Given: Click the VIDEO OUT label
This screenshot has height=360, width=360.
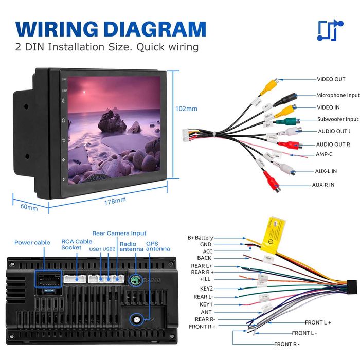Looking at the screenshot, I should pos(331,79).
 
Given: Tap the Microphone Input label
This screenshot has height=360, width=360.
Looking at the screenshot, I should pos(337,95).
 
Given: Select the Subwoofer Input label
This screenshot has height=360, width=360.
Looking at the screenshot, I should pos(337,119).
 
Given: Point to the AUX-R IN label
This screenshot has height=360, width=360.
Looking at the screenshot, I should pos(323,185).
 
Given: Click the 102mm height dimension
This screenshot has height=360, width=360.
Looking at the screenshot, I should pos(186,109).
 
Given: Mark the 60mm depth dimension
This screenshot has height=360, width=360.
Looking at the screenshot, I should pos(29,208).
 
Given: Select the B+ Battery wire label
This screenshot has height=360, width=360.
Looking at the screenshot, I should pos(200,238).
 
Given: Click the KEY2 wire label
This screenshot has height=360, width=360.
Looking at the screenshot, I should pos(206,289).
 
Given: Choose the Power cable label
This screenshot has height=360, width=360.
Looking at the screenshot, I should pos(31,242).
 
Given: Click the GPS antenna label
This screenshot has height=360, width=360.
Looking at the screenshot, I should pos(157,246).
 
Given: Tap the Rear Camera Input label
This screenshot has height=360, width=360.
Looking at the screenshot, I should pos(119,233).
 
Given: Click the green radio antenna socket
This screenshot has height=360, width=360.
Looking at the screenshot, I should pos(135,281).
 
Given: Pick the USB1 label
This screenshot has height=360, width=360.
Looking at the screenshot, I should pos(95,249).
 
